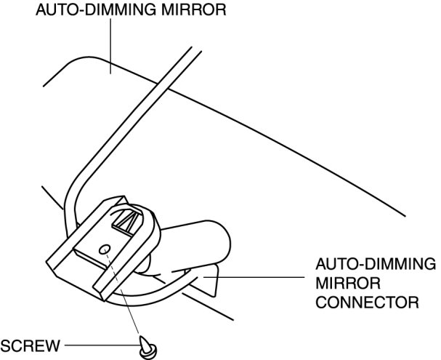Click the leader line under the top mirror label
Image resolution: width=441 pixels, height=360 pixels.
tap(110, 44)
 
